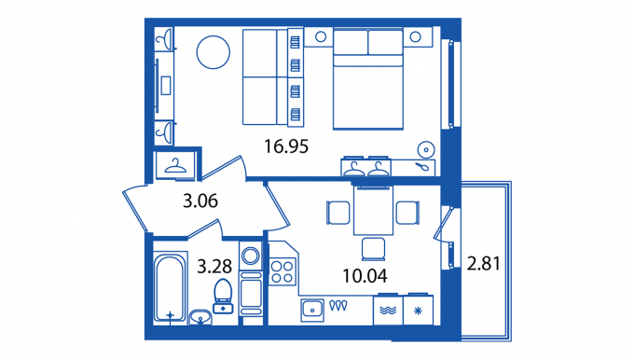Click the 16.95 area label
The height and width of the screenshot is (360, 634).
pyautogui.click(x=286, y=146)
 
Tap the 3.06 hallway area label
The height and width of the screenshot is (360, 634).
pyautogui.click(x=200, y=201)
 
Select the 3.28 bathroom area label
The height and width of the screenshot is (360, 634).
pyautogui.click(x=214, y=266)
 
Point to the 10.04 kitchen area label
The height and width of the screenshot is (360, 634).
pyautogui.click(x=365, y=276)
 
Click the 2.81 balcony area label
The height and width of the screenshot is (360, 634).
pyautogui.click(x=484, y=263)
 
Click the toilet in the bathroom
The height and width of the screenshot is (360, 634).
pyautogui.click(x=223, y=296)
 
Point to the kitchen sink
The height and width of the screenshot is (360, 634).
pyautogui.click(x=312, y=311)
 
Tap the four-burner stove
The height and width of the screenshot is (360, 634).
pyautogui.click(x=282, y=271)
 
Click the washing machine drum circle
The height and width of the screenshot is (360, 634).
pyautogui.click(x=250, y=256)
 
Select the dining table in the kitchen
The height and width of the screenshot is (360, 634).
pyautogui.click(x=373, y=211)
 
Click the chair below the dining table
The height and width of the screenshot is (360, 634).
pyautogui.click(x=373, y=249)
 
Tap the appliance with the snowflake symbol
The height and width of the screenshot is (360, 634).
pyautogui.click(x=418, y=311)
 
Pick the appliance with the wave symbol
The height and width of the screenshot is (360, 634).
pyautogui.click(x=388, y=311)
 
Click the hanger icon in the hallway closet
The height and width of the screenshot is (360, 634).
pyautogui.click(x=175, y=165)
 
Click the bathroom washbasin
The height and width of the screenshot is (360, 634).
pyautogui.click(x=200, y=317)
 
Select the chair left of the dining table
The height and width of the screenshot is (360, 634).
pyautogui.click(x=338, y=213)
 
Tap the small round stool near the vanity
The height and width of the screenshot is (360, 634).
pyautogui.click(x=426, y=149)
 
